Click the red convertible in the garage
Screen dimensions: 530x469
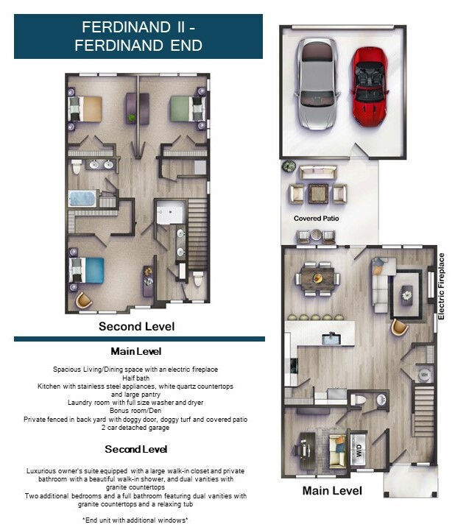click(369, 85)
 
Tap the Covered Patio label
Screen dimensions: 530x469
click(315, 219)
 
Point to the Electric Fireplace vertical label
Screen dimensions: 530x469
click(442, 286)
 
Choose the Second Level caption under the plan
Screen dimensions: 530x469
click(136, 325)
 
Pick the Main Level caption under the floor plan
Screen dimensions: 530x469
click(332, 490)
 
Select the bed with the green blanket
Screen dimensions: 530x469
click(185, 109)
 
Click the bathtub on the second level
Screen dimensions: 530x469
click(83, 198)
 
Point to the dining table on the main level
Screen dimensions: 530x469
click(319, 278)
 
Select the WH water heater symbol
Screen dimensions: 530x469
click(423, 375)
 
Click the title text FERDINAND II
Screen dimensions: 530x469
click(138, 27)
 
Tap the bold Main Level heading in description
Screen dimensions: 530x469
click(136, 351)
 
